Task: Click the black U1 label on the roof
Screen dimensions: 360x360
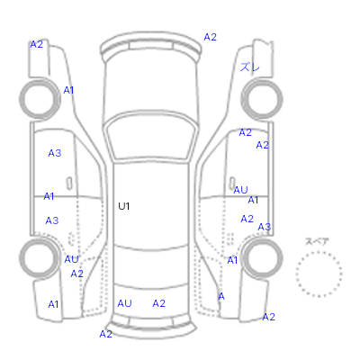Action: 123,206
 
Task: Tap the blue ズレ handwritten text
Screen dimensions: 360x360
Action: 249,67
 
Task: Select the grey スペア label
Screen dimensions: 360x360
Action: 317,241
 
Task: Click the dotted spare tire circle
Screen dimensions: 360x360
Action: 296,273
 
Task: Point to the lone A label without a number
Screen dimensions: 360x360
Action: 221,296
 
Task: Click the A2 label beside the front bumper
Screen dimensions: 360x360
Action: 210,37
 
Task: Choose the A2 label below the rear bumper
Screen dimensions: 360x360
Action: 105,334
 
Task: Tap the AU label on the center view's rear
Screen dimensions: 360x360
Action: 124,303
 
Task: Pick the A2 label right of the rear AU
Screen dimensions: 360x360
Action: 158,303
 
